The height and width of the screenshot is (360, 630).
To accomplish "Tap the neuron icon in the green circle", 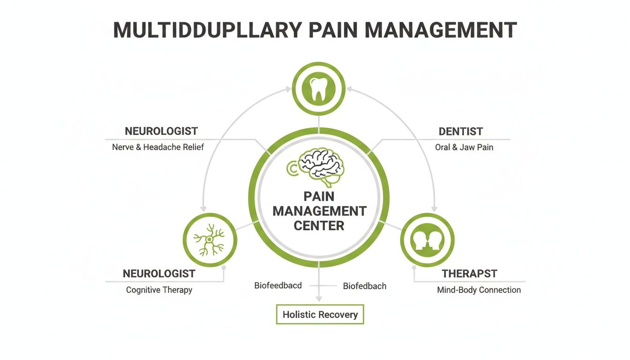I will [209, 240].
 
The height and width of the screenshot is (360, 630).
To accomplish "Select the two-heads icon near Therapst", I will [427, 240].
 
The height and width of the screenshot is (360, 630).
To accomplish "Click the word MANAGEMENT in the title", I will [441, 30].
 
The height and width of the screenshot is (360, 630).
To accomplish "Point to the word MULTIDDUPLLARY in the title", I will [208, 30].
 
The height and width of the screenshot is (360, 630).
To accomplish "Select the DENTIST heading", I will [461, 132].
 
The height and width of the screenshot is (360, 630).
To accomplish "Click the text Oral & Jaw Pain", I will [464, 147].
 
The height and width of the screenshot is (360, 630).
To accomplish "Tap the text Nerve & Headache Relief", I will [158, 147].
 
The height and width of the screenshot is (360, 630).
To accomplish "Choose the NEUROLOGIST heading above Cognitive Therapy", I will [159, 273].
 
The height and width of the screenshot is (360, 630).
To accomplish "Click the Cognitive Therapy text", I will [159, 290].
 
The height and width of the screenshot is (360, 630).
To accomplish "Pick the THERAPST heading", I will [469, 273].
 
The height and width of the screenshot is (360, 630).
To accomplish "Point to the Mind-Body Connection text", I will [479, 290].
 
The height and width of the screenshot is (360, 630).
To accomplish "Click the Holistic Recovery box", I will [320, 315].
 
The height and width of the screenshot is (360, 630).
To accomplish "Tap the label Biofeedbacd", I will [278, 285].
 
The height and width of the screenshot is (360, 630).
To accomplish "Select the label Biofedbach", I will [365, 286].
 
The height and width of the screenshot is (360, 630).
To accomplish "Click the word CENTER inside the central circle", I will [319, 225].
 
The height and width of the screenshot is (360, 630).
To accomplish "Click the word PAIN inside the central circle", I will [319, 196].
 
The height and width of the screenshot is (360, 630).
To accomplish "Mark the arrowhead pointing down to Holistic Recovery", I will [319, 299].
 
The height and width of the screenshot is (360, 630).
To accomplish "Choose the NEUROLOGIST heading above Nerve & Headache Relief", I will [161, 131].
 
